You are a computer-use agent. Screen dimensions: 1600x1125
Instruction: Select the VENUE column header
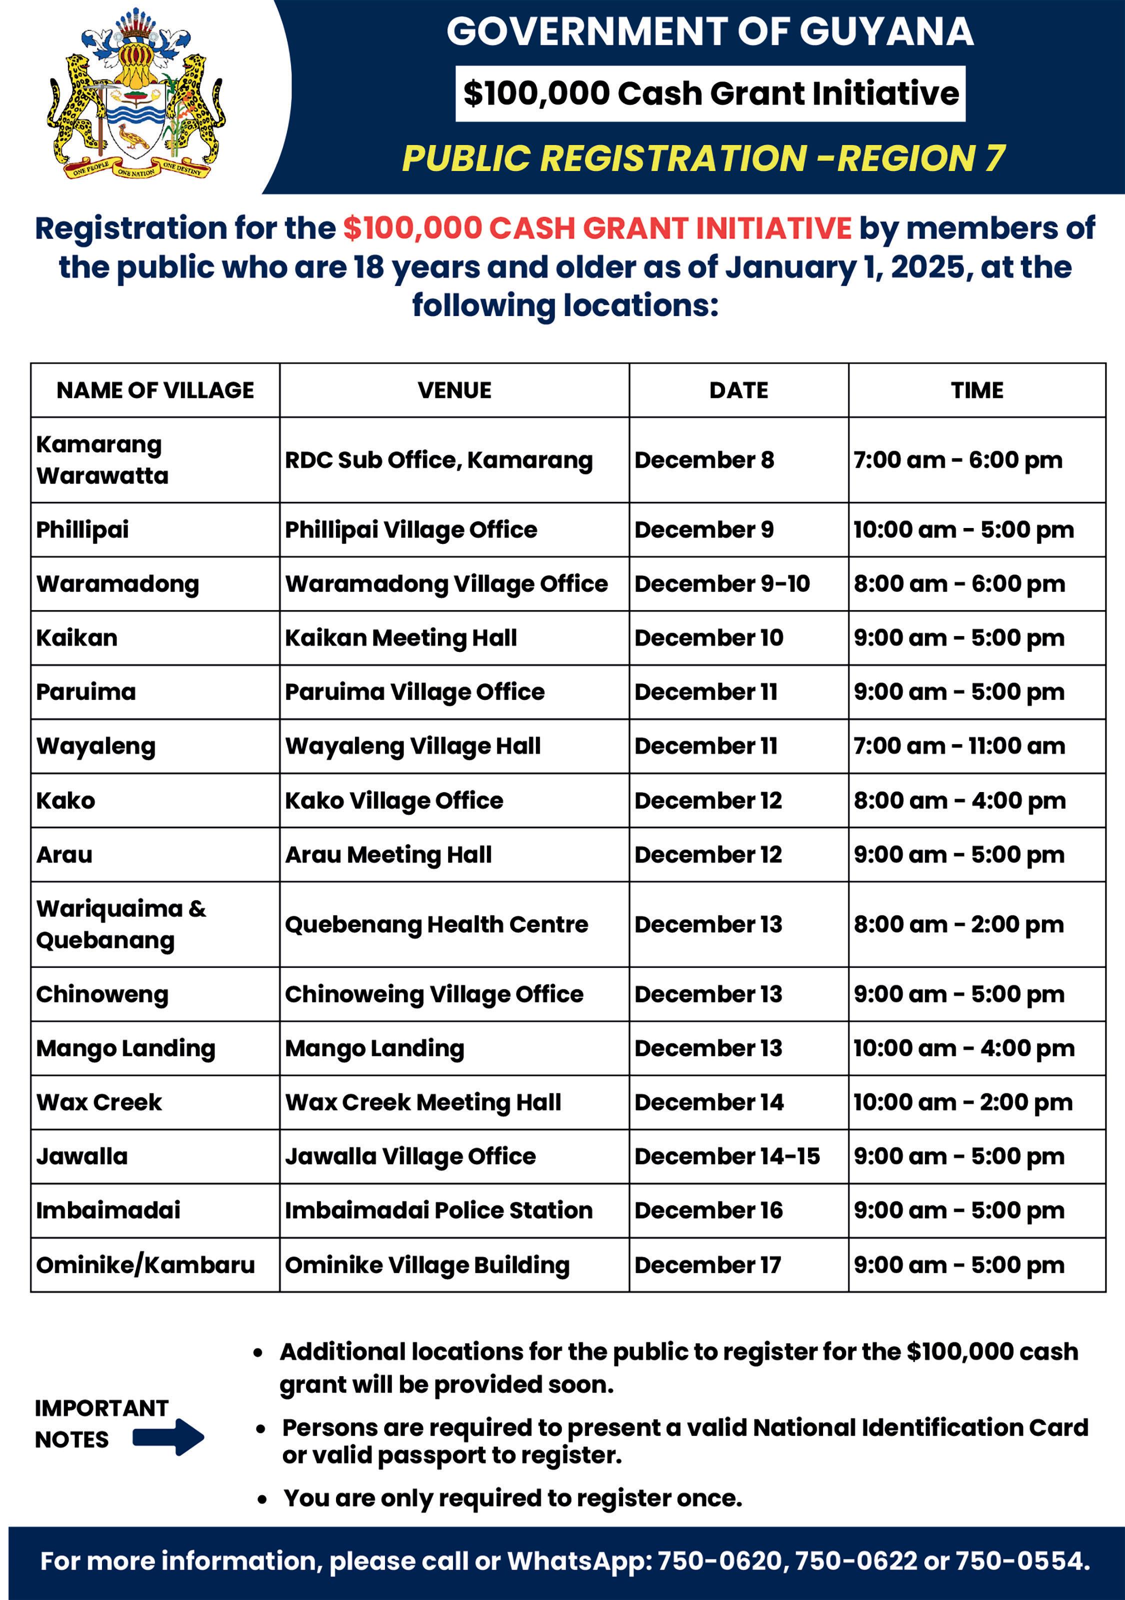pos(454,390)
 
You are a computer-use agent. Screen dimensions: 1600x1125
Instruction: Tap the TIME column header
pos(976,390)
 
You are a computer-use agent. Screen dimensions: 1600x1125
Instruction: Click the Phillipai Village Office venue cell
pos(411,529)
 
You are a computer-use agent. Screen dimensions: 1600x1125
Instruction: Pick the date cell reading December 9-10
pos(722,584)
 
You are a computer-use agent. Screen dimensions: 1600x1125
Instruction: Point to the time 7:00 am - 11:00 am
pos(959,746)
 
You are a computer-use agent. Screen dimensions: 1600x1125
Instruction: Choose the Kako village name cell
pos(65,800)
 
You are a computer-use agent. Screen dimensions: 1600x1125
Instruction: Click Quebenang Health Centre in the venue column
pos(436,924)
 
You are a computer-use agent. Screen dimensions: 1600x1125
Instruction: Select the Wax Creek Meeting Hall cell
pos(423,1102)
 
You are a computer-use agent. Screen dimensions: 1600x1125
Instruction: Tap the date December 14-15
pos(727,1156)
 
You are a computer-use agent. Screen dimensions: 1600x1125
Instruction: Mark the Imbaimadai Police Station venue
pos(438,1210)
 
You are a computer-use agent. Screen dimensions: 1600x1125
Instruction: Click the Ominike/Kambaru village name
pos(145,1265)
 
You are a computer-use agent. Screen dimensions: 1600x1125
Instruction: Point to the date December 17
pos(707,1265)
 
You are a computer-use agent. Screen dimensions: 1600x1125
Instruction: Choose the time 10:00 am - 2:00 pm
pos(962,1102)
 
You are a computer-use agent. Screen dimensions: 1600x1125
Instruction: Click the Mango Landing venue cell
pos(374,1048)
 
